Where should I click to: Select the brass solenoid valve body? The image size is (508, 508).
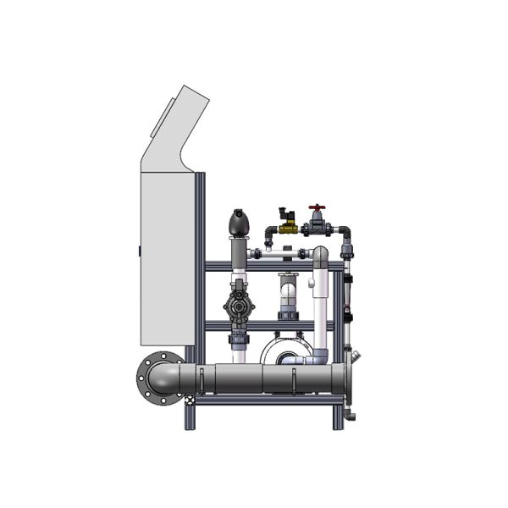(288, 228)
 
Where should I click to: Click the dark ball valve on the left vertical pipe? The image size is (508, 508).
(239, 306)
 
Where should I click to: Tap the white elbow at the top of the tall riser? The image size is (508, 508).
(320, 256)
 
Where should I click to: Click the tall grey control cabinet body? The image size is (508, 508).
(167, 254)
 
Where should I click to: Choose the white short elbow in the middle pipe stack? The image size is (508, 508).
(289, 293)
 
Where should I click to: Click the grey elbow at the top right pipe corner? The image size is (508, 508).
(345, 231)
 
